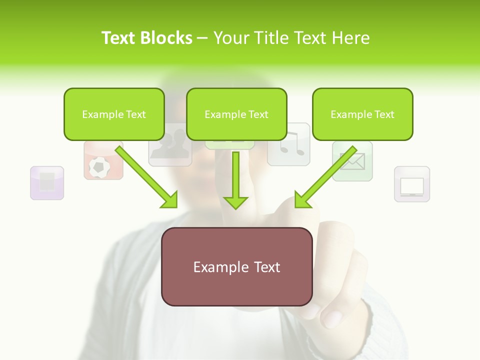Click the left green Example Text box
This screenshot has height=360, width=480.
pos(114,114)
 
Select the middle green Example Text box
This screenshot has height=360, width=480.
pos(236,114)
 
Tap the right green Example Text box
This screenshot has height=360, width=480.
pos(362,114)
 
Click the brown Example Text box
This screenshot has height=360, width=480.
pos(236,266)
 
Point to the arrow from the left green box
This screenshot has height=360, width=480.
pos(146,176)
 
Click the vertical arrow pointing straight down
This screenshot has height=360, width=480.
pos(235,180)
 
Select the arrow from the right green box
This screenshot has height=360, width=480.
pos(325,176)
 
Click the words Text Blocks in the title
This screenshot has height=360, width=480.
pos(146,38)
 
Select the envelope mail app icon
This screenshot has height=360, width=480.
pos(353,161)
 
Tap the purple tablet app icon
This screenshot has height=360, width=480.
pos(47,182)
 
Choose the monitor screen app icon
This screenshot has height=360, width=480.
pos(412,184)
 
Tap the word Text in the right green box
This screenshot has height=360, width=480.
pos(384,114)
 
